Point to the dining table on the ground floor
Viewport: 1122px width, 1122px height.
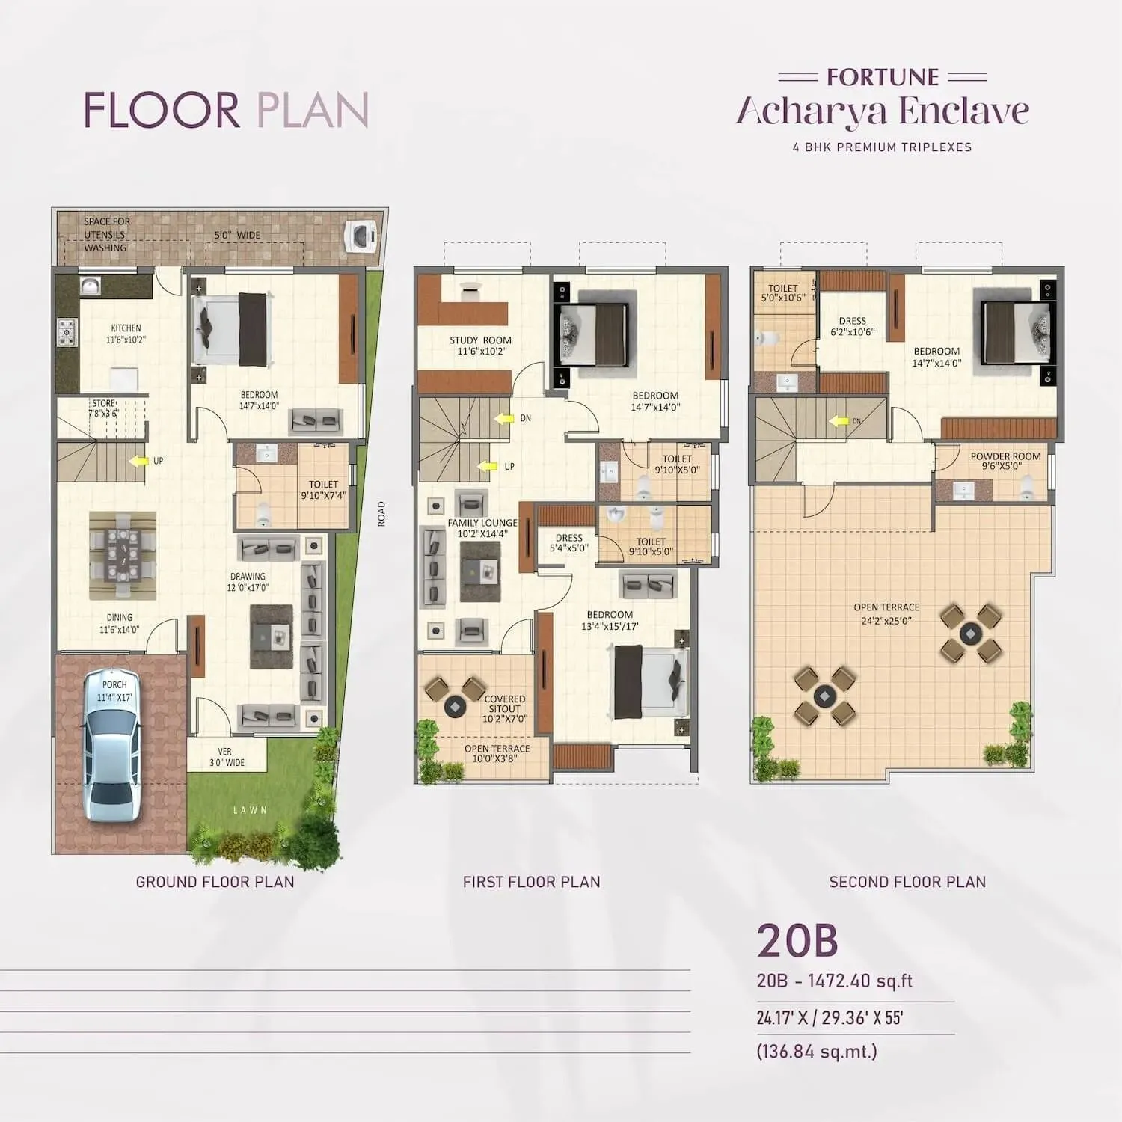click(x=121, y=554)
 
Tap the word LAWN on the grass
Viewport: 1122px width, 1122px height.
click(x=250, y=810)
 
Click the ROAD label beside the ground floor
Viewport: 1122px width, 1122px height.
click(x=381, y=514)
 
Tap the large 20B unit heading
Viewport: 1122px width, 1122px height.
click(x=797, y=940)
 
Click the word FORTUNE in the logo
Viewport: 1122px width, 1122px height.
click(x=883, y=77)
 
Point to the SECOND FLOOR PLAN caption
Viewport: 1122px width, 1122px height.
click(x=907, y=882)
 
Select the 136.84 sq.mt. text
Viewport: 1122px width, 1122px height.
click(x=817, y=1051)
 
